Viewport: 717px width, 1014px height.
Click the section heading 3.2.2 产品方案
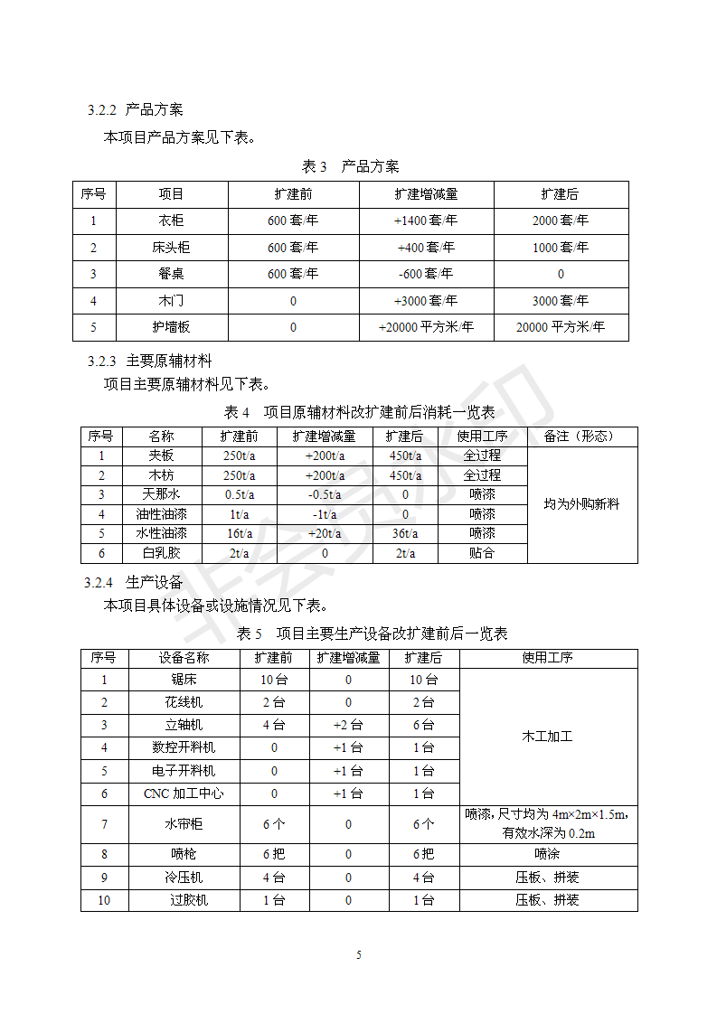[x=135, y=110]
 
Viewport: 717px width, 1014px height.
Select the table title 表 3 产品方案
[x=350, y=166]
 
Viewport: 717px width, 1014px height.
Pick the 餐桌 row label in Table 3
[x=171, y=274]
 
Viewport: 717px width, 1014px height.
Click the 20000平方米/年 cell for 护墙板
[x=561, y=327]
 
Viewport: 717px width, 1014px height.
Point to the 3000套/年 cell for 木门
[x=561, y=301]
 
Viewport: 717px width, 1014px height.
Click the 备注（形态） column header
[x=582, y=437]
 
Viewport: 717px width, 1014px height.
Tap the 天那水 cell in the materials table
[x=162, y=494]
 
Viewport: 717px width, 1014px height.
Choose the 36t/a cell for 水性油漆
[x=405, y=533]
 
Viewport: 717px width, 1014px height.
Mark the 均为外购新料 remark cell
[x=582, y=504]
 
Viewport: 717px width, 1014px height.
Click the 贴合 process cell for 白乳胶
[x=482, y=553]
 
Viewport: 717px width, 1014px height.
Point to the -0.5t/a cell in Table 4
[x=325, y=494]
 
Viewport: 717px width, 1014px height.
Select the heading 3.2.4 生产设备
[x=133, y=583]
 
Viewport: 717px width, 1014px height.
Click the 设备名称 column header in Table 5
[x=184, y=658]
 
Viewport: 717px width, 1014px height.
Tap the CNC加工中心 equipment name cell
[x=184, y=793]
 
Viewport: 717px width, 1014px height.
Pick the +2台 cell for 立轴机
[x=348, y=725]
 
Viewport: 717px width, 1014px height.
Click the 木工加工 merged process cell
[x=548, y=737]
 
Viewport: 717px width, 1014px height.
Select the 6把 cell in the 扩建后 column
[x=424, y=854]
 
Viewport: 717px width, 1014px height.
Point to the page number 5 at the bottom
[x=359, y=955]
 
